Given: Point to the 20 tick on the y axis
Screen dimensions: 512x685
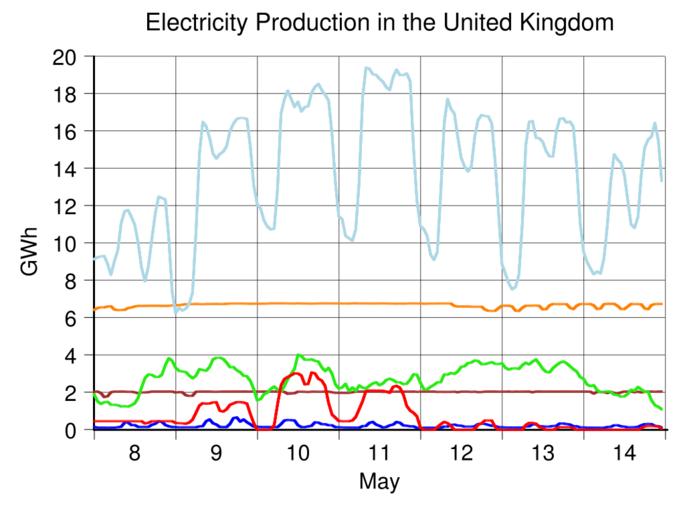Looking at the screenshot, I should [67, 57].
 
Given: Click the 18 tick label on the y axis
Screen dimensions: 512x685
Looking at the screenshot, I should [67, 94].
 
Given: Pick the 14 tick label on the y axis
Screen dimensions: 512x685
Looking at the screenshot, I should [67, 169].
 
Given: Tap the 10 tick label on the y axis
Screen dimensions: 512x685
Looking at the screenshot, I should [67, 243].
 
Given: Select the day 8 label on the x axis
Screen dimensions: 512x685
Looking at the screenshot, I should [135, 452].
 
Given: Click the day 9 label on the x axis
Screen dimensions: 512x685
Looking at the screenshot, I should [217, 452].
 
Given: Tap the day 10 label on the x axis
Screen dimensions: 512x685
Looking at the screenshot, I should [298, 452].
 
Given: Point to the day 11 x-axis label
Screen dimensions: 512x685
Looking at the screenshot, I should [379, 452].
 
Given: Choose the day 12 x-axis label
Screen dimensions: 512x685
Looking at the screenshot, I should [461, 452].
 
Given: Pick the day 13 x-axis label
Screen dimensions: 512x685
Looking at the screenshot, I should [542, 452].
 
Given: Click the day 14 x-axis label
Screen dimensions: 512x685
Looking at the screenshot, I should [623, 452].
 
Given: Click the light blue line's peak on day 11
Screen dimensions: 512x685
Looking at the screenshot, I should [367, 68].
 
